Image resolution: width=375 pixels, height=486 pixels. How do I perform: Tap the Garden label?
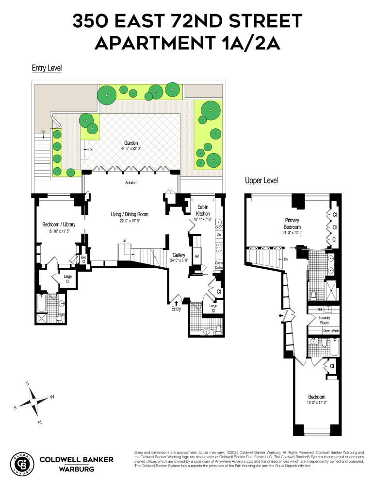[x=131, y=143]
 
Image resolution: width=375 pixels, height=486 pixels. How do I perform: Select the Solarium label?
[x=131, y=183]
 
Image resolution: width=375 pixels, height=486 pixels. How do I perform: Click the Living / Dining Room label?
[x=129, y=214]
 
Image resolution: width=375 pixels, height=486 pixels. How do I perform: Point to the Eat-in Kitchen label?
[x=203, y=210]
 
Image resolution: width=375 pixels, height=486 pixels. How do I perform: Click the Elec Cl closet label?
[x=83, y=259]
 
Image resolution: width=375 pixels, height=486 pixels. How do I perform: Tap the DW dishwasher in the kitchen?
[x=219, y=235]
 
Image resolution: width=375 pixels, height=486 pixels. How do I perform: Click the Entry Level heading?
[x=47, y=68]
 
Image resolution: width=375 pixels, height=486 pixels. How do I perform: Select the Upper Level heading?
[x=261, y=181]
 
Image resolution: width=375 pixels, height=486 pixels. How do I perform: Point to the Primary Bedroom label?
[x=293, y=224]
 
